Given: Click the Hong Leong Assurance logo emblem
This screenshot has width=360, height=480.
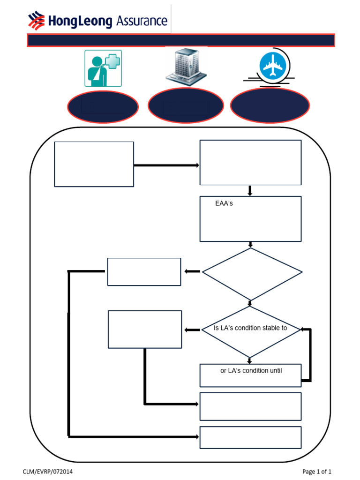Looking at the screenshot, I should coord(37,21).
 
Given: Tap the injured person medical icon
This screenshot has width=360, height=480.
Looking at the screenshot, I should coord(103,68).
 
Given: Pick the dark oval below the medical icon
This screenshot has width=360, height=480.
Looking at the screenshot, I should coord(103,107).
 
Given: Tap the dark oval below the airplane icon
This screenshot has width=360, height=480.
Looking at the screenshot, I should coord(270,106).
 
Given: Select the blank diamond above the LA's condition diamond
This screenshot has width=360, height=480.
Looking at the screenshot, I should coord(252,273).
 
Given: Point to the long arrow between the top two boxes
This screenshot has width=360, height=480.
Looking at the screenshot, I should coord(166,165).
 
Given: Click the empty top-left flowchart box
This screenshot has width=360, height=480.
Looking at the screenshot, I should coord(94,164).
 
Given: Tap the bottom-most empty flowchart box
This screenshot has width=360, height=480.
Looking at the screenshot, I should coord(250,437).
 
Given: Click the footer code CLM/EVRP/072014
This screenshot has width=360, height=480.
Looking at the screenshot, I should coord(48,472).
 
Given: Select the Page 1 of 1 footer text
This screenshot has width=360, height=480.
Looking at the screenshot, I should coord(317,472).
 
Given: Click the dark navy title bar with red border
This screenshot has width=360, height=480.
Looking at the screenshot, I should coord(181,40).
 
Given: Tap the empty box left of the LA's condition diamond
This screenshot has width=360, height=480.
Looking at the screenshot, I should coord(144,329).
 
